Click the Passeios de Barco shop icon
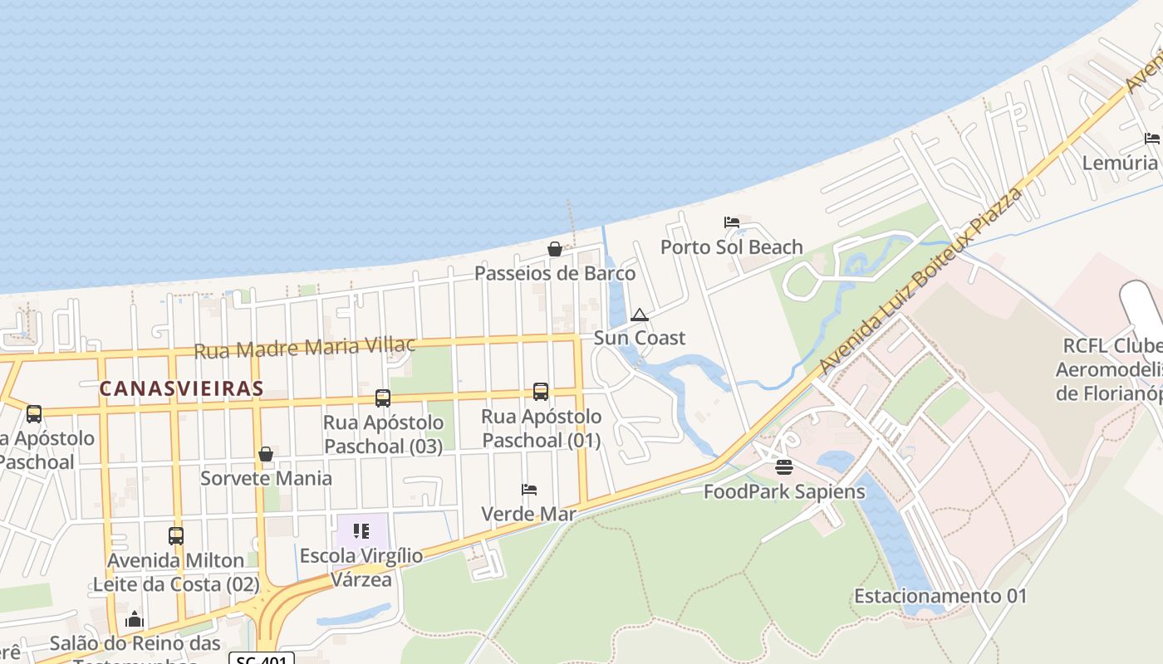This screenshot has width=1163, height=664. click(554, 249)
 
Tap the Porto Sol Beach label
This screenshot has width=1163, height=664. click(731, 247)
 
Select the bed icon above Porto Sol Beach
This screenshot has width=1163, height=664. click(731, 222)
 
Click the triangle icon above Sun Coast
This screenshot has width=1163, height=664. click(639, 315)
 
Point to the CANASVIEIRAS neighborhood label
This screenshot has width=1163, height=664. click(182, 388)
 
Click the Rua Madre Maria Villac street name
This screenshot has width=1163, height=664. click(304, 348)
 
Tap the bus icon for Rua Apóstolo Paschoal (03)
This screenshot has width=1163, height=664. click(383, 398)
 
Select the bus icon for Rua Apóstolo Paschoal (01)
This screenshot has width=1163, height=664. click(541, 392)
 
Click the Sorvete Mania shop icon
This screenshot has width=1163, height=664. click(266, 454)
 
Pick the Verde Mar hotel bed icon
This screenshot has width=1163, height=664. click(529, 490)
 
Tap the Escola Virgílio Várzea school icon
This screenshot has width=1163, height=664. click(361, 531)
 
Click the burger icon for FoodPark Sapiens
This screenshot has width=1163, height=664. click(784, 467)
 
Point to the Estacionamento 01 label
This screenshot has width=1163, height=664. click(940, 596)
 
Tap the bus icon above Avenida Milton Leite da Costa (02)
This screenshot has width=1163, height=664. click(176, 536)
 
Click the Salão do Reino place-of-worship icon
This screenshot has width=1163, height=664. click(135, 619)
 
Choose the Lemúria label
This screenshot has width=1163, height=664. click(1119, 162)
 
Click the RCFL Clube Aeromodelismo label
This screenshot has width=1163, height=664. click(1111, 369)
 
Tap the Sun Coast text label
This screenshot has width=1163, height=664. click(640, 338)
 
